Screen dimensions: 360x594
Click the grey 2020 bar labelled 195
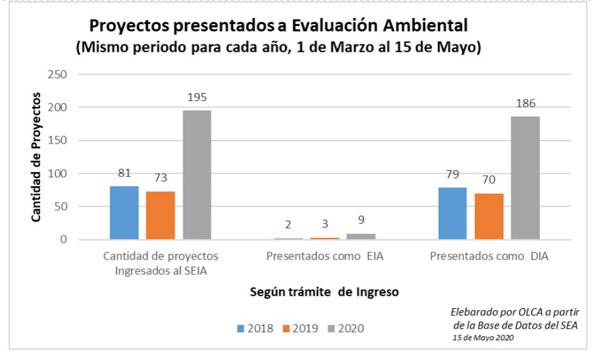point(197,174)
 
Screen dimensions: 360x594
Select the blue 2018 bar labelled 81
point(124,212)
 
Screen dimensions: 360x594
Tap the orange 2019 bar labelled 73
point(160,215)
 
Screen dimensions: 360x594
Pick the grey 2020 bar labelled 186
point(525,178)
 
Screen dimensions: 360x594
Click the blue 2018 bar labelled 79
point(452,213)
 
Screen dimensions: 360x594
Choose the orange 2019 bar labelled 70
point(489,216)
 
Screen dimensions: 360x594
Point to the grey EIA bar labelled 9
point(361,236)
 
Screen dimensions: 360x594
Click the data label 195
point(197,97)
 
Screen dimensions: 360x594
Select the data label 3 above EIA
point(325,224)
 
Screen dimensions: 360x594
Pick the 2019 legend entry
point(301,328)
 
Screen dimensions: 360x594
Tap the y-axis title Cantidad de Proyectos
point(37,157)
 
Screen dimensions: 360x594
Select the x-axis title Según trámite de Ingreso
point(324,292)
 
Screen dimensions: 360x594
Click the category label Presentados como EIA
point(324,256)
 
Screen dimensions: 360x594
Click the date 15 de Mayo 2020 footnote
point(484,338)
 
